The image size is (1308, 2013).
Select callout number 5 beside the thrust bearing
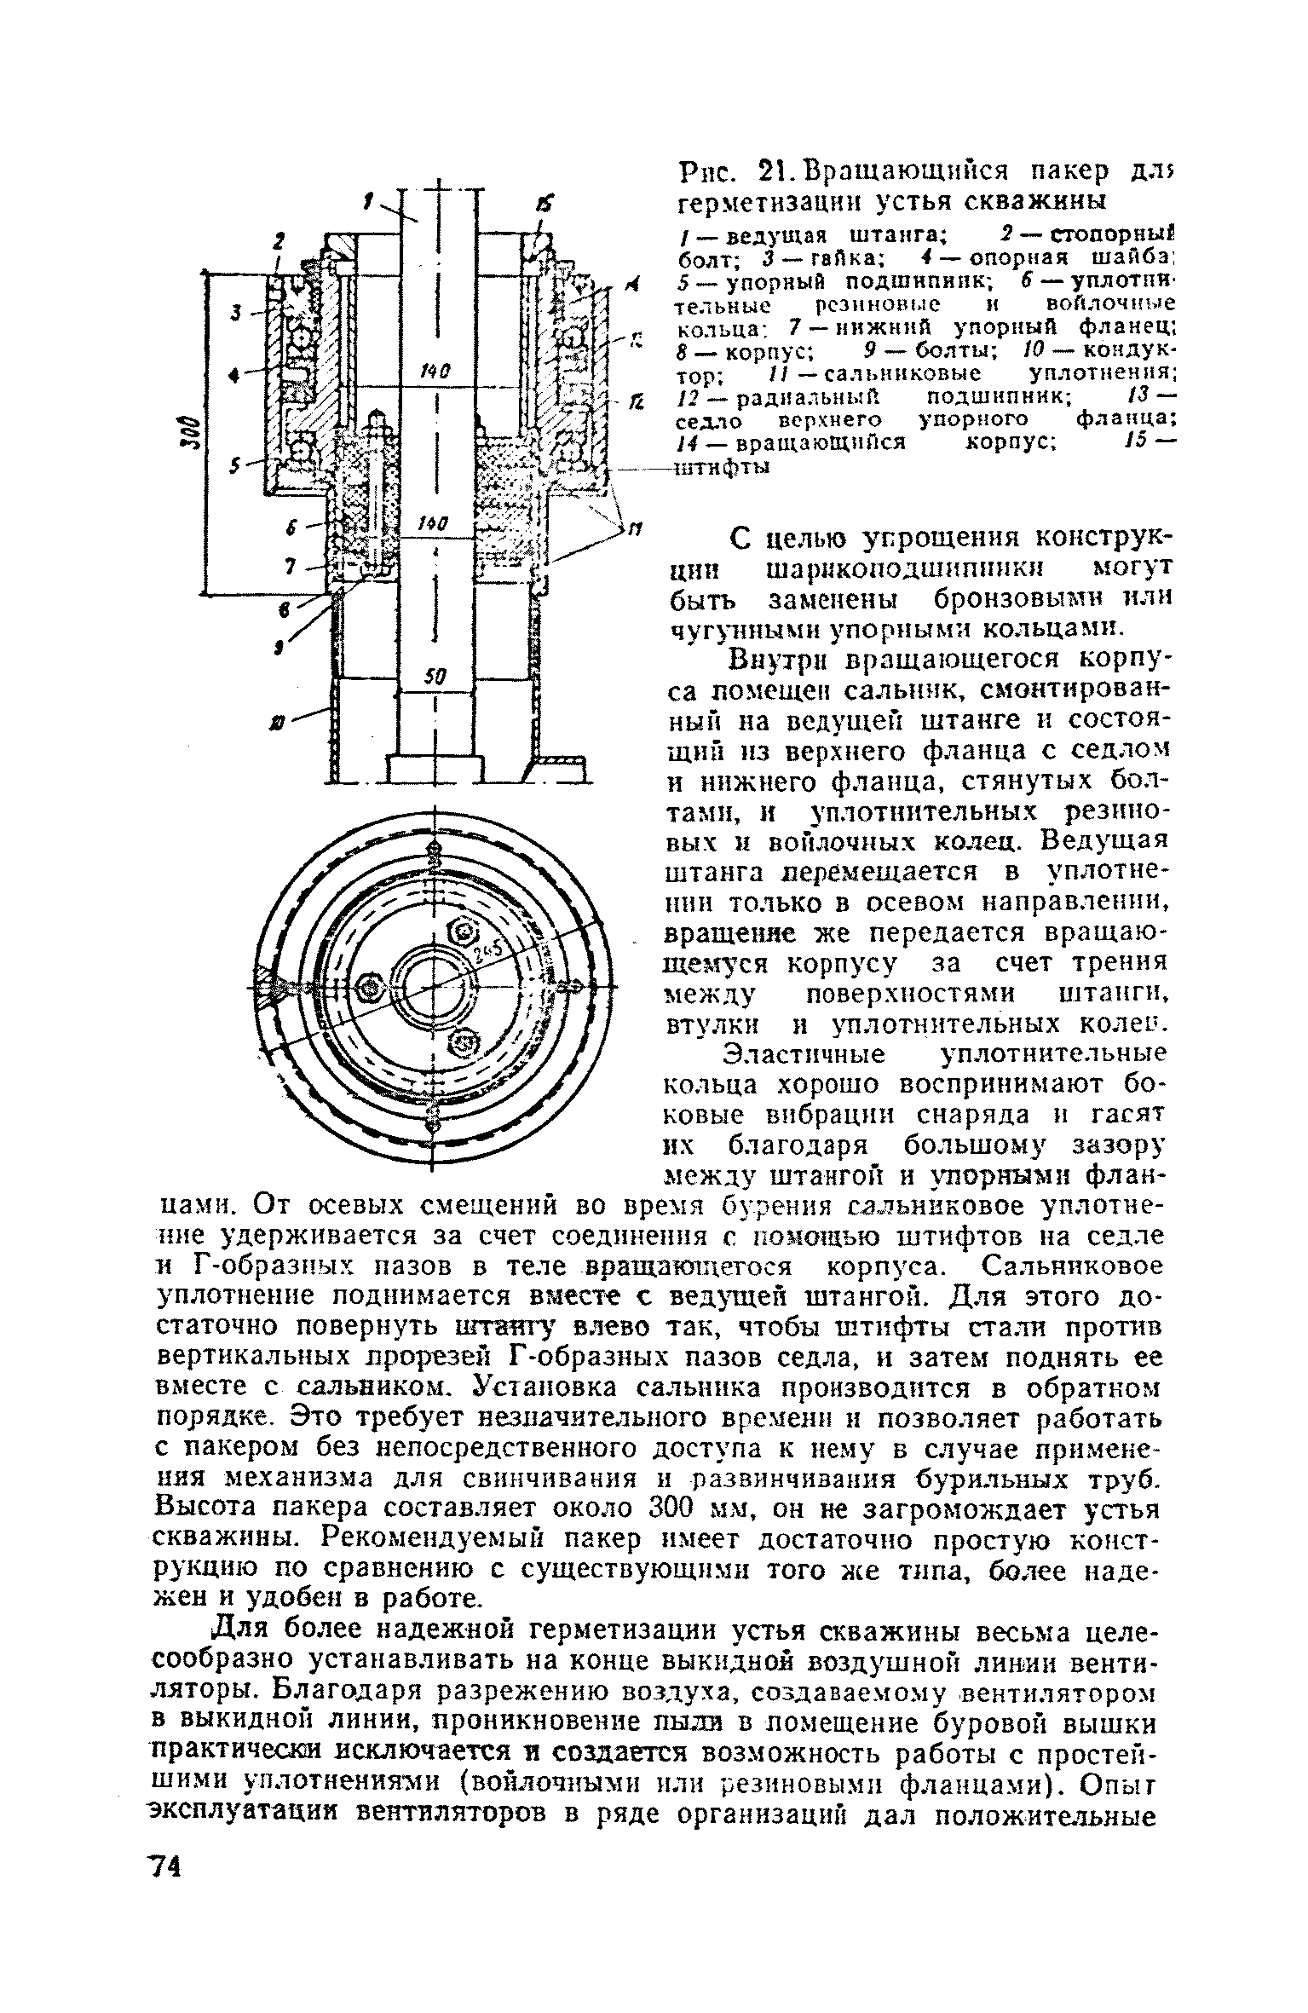[x=234, y=465]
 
